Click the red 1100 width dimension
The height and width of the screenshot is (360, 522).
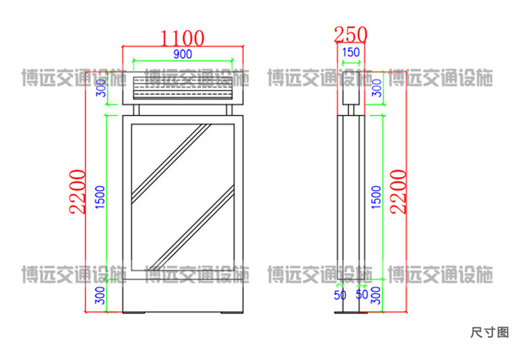point(182,38)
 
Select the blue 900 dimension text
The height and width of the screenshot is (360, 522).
point(183,54)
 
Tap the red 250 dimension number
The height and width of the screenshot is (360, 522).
point(351,34)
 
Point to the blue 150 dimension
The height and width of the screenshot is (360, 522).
point(351,52)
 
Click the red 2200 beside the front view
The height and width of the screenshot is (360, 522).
point(77,191)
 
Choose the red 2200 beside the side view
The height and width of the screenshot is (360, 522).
point(398,191)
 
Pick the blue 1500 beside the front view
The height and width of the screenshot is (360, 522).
point(100,197)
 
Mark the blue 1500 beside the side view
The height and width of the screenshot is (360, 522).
point(376,197)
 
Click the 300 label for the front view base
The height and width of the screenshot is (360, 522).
point(100,295)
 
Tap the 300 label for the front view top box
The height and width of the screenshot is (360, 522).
point(101,88)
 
